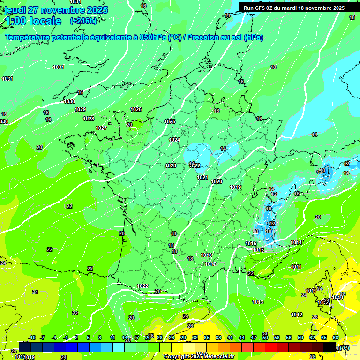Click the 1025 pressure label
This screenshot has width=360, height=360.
point(170,121)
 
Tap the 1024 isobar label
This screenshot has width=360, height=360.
point(174,140)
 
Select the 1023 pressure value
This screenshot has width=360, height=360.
point(171,165)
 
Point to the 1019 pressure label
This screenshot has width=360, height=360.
point(235,187)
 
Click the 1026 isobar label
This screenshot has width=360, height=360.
point(136,109)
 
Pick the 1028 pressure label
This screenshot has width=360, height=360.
point(89,119)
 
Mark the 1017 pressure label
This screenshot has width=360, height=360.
point(210,264)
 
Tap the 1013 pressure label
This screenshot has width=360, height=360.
point(258,302)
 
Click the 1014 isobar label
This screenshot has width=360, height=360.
point(296,242)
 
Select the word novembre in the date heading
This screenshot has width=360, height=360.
point(61,10)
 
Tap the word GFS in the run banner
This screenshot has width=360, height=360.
point(263,8)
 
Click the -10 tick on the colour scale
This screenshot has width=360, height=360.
point(32,337)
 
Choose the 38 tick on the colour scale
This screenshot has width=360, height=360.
point(218,337)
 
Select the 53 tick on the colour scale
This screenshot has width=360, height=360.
point(277,337)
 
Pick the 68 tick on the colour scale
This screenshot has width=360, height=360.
point(336,337)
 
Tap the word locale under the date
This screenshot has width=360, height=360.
point(45,21)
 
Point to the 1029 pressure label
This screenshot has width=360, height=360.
point(80,109)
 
